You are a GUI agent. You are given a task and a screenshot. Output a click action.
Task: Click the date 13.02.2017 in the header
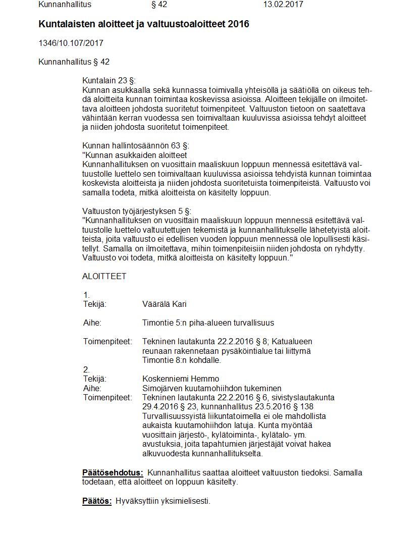[x=283, y=5]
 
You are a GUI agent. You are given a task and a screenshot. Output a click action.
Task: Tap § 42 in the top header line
[x=159, y=5]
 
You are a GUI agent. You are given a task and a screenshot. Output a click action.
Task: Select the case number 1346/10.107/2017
[x=71, y=43]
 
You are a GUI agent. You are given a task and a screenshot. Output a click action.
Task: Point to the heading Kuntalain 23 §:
[x=109, y=81]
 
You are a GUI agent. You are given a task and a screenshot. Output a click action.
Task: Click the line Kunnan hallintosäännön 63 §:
[x=135, y=146]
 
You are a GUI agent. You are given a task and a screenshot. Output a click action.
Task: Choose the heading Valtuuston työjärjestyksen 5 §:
[x=137, y=211]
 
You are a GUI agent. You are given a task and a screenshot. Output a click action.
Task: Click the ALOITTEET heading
[x=104, y=277]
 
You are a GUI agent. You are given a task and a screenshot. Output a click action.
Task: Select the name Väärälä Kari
[x=165, y=304]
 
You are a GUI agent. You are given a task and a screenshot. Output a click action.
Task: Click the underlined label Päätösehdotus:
[x=113, y=473]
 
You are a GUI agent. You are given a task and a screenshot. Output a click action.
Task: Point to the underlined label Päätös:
[x=96, y=501]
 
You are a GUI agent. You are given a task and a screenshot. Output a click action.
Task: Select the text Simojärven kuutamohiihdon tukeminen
[x=212, y=388]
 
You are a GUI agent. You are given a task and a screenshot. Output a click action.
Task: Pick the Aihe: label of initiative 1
[x=92, y=323]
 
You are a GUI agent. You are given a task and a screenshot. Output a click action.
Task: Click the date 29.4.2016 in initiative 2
[x=160, y=407]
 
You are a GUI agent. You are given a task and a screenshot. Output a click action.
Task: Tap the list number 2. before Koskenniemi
[x=86, y=369]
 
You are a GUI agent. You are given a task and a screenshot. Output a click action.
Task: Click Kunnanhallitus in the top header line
[x=65, y=5]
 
